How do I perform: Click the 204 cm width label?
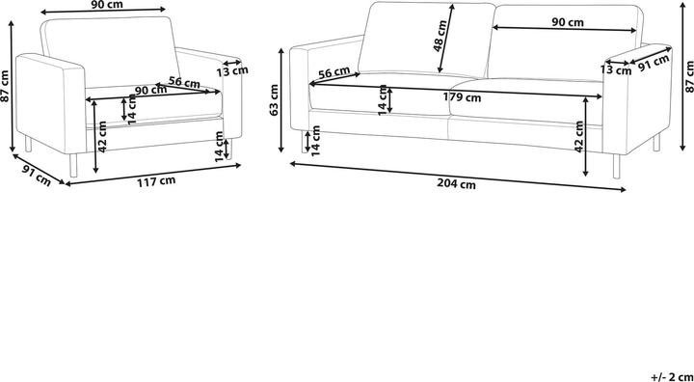click(458, 184)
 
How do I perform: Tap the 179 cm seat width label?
click(463, 97)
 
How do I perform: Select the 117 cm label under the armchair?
click(157, 181)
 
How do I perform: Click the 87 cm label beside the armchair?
click(5, 86)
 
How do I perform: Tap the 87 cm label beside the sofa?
click(688, 77)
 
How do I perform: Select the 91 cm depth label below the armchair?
click(37, 175)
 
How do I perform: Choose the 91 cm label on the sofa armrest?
click(654, 63)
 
